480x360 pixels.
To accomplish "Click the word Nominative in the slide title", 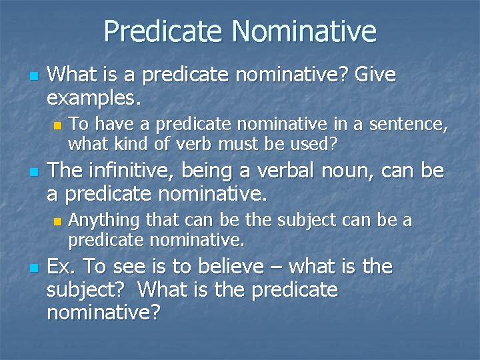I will click(304, 31).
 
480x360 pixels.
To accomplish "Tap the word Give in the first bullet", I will click(375, 75).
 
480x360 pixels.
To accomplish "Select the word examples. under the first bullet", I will click(94, 99).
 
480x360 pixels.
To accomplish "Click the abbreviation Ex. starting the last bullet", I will click(63, 267).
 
